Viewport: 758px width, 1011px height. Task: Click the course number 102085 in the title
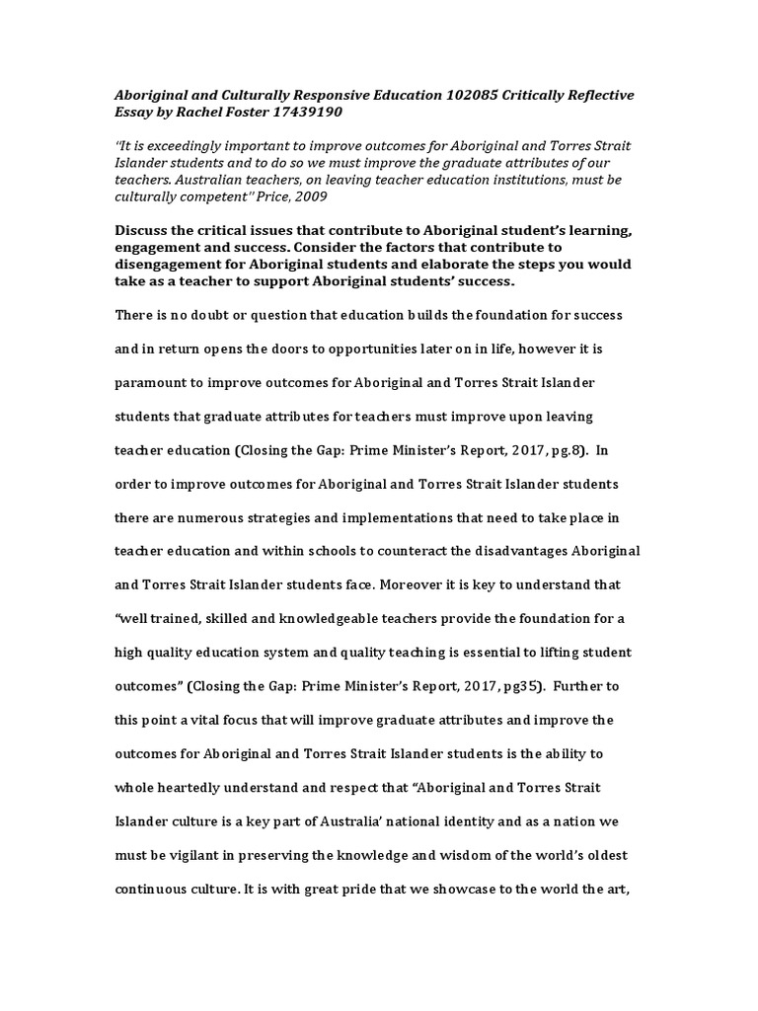point(449,95)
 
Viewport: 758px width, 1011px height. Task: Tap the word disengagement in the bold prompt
point(167,265)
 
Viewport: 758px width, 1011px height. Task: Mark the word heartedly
point(191,787)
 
